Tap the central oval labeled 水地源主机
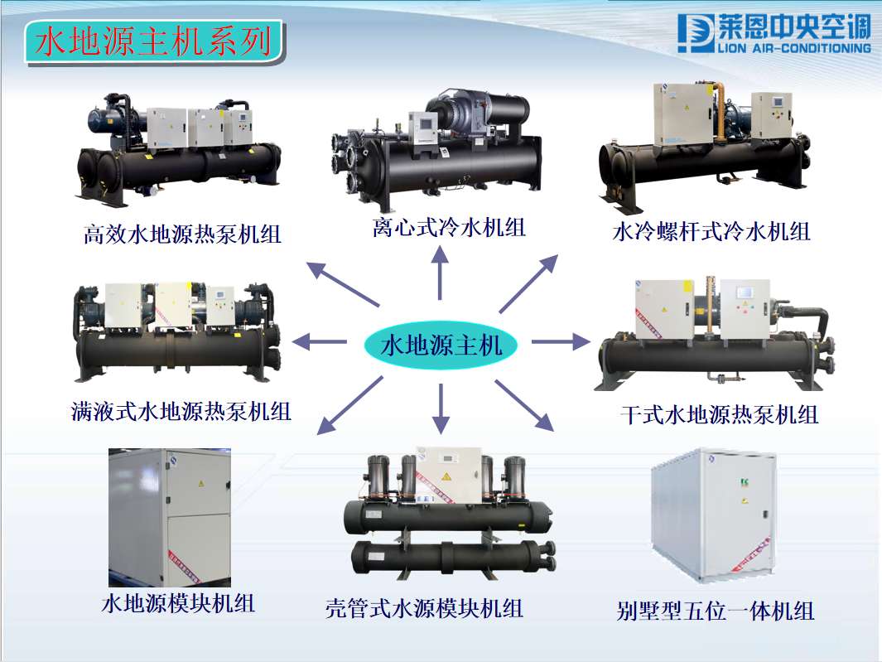pos(441,345)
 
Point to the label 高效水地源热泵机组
pos(182,234)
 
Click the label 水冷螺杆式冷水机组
pos(711,231)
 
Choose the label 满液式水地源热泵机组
pos(181,410)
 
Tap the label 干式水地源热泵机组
pos(719,414)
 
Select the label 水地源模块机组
pos(178,602)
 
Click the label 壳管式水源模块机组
pos(425,609)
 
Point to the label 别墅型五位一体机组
pos(716,611)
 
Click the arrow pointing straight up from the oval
pos(440,273)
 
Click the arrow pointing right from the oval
pos(559,341)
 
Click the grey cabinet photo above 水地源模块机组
pos(170,518)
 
